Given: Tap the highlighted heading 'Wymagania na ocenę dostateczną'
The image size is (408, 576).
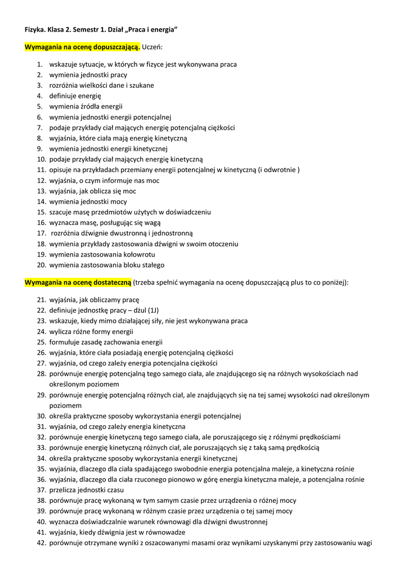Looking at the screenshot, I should tap(78, 282).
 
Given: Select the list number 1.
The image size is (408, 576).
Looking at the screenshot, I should tap(40, 65).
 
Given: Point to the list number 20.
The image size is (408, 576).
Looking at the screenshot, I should tap(41, 265).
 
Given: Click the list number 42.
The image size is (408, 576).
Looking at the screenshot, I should tap(41, 543).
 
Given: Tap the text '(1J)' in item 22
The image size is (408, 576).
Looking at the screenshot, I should tap(153, 310).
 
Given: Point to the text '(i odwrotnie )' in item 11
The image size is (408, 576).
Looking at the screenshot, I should tap(279, 170).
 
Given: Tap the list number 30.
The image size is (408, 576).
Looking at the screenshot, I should tap(41, 416).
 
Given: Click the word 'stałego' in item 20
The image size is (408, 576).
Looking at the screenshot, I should tap(153, 265).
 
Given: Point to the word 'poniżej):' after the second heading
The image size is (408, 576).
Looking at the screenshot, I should tap(335, 282).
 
